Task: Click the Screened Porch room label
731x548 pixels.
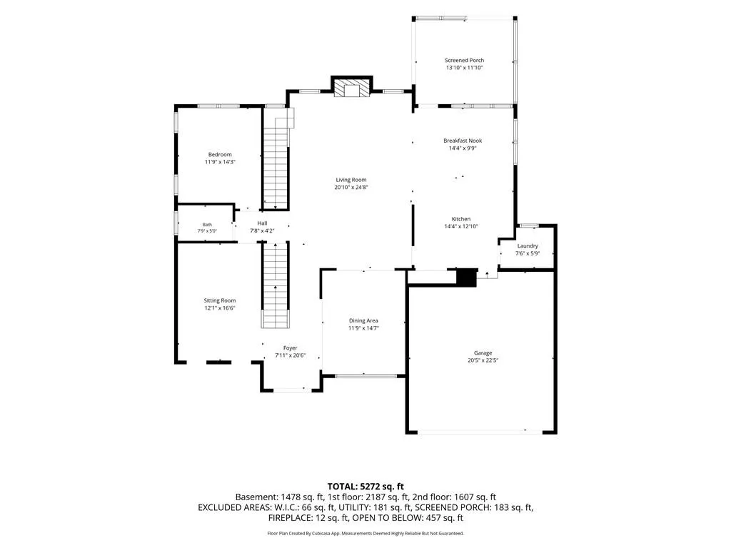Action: point(464,60)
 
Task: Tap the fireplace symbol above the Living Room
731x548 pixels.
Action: point(351,88)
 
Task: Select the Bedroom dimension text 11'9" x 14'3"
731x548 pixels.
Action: point(220,162)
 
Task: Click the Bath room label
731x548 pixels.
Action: point(207,225)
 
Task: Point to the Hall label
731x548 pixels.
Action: point(262,223)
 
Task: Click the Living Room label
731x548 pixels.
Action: point(351,180)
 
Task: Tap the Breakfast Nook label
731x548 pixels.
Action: point(463,141)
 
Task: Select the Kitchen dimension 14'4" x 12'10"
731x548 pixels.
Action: point(461,226)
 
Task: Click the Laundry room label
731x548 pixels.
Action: point(528,246)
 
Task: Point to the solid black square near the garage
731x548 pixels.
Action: point(466,278)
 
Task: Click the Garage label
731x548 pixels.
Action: point(483,353)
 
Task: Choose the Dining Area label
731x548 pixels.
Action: point(363,320)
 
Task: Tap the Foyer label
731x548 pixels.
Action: point(290,348)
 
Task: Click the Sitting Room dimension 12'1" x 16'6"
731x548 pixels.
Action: point(220,308)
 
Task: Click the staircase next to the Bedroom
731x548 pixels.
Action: point(276,159)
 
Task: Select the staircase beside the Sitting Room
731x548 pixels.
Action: point(275,285)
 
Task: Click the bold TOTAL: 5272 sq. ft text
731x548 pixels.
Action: point(365,487)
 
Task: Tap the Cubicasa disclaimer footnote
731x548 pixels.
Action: point(365,533)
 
